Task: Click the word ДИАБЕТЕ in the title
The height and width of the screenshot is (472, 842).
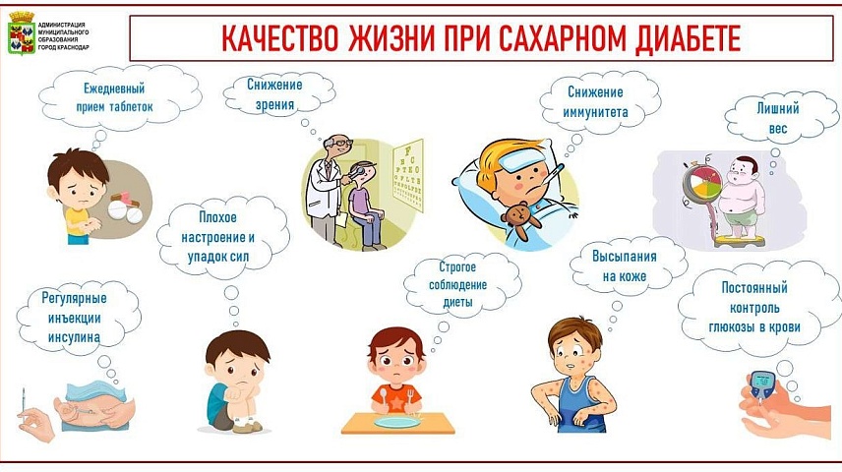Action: click(x=688, y=38)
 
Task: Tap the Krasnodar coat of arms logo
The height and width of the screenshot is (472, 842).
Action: click(x=22, y=32)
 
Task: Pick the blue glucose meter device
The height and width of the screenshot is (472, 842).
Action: click(x=761, y=385)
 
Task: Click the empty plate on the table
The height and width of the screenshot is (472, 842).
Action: click(x=397, y=422)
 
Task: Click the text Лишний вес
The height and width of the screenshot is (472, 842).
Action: click(x=777, y=118)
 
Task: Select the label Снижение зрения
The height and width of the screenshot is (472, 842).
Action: click(x=274, y=94)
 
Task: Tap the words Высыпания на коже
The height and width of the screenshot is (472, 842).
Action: click(x=625, y=266)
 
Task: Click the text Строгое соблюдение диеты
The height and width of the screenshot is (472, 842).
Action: click(x=457, y=284)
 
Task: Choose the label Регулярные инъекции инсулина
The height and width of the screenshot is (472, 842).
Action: click(x=74, y=318)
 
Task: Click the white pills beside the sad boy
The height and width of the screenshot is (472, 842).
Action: click(x=125, y=211)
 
